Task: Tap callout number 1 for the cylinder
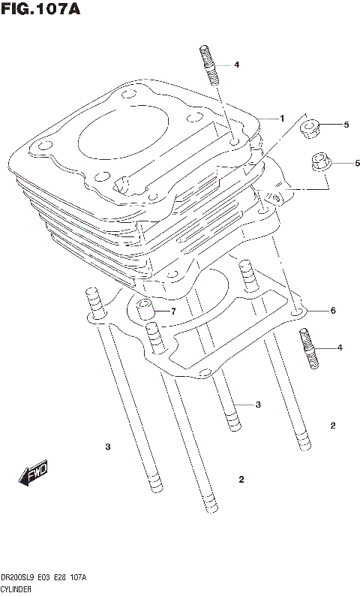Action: tap(282, 119)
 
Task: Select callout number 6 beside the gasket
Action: tap(332, 311)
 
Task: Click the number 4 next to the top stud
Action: tap(235, 65)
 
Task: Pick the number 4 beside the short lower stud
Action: tap(339, 348)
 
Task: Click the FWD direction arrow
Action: tap(34, 474)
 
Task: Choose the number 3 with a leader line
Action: tap(257, 405)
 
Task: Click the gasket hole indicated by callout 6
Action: tap(298, 311)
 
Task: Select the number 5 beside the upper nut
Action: tap(346, 125)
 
